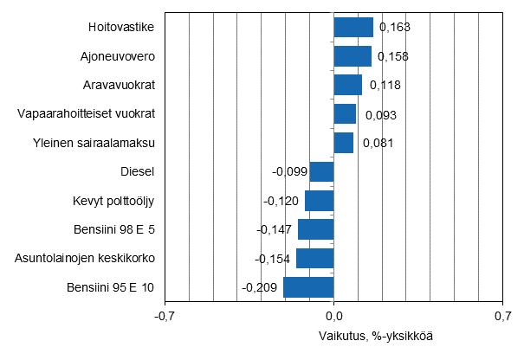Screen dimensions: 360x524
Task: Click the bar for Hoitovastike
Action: coord(353,27)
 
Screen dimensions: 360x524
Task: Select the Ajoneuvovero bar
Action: coord(353,56)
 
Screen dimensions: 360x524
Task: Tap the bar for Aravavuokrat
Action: coord(347,85)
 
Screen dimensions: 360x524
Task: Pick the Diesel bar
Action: coord(322,171)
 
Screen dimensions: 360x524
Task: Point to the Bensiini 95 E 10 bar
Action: coord(308,287)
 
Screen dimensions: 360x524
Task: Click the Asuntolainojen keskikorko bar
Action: coord(315,259)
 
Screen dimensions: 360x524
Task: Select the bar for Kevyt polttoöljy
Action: coord(320,201)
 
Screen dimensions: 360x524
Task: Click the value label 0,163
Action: coord(394,28)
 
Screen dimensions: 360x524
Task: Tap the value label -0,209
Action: coord(259,288)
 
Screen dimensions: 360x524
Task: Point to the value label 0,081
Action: coord(378,143)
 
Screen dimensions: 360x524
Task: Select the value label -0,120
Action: coord(281,202)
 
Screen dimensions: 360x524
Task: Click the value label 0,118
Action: coord(385,86)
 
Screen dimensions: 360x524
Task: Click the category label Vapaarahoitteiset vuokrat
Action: coord(86,113)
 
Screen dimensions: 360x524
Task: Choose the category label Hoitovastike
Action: coord(121,27)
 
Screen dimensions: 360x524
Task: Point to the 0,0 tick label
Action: coord(333,316)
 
